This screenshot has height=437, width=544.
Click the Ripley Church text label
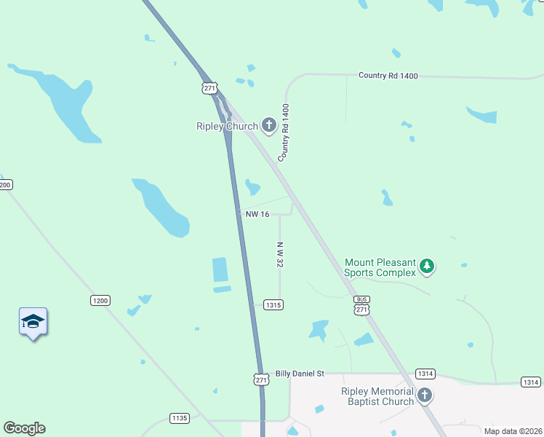pos(227,126)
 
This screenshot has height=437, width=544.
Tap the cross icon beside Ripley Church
pos(269,126)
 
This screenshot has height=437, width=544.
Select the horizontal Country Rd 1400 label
pos(388,75)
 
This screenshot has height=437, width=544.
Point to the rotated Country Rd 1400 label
pos(285,132)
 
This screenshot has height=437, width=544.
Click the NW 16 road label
pos(257,214)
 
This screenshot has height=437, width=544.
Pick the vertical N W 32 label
pos(279,254)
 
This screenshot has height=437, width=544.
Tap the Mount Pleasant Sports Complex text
pos(380,267)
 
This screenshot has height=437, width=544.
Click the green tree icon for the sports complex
pos(427,267)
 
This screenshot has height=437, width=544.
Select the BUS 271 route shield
pos(361,305)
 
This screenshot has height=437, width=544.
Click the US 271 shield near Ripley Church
pos(209,87)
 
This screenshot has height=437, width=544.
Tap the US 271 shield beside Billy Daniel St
pos(262,379)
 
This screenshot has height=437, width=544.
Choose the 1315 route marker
pos(273,304)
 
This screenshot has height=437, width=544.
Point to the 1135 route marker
pos(179,418)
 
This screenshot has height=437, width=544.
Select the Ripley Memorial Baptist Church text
pos(377,396)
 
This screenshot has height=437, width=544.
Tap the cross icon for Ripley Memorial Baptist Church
pos(425,396)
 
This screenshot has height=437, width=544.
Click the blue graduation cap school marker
pos(33,321)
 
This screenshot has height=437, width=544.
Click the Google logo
pos(24,428)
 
